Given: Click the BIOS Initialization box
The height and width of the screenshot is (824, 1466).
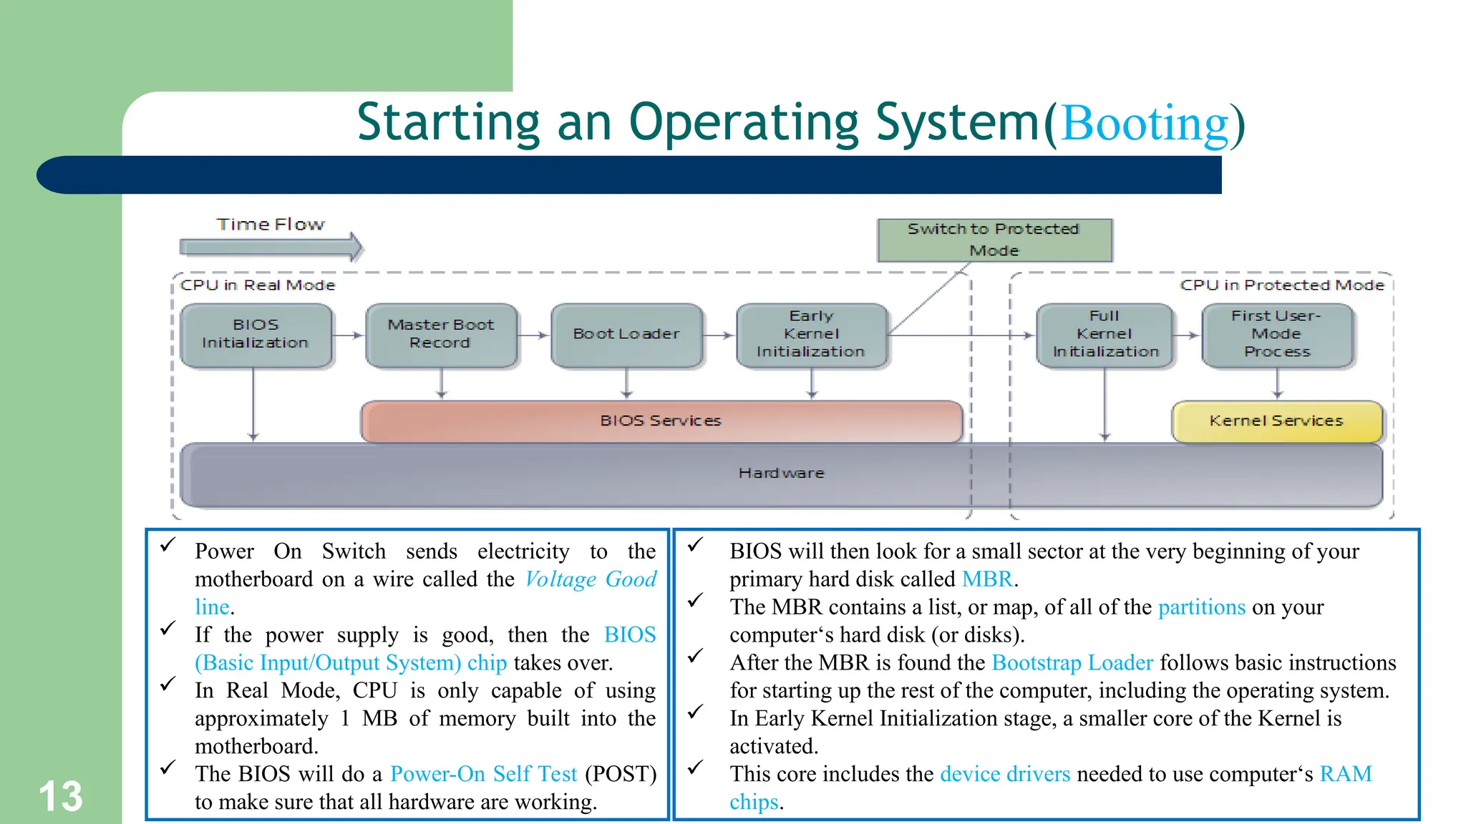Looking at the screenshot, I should coord(256,335).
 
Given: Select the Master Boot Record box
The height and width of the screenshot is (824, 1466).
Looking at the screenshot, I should coord(441,335).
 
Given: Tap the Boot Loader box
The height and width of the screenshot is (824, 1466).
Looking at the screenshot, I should coord(626,335).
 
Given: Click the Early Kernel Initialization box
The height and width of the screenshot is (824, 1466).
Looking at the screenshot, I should coord(811,335).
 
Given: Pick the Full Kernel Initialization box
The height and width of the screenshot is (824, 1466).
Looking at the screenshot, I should coord(1105,335).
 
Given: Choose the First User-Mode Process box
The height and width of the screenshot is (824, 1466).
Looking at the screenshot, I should coord(1277,335).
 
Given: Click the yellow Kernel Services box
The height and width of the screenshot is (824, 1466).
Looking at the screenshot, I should coord(1276,421).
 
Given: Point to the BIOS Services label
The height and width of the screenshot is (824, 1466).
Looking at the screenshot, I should coord(660,421).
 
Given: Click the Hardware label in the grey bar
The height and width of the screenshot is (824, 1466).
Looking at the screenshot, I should coord(781,474).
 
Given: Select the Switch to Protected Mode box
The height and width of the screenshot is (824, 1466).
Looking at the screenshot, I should coord(994,240).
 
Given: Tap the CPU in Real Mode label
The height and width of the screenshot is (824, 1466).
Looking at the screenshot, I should coord(258,285).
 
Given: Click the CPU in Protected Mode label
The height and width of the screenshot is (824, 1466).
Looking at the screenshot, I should coord(1281,285).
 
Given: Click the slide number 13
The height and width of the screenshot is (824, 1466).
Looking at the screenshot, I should coord(61,797).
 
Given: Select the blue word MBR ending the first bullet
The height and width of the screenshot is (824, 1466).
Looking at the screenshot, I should coord(987,579).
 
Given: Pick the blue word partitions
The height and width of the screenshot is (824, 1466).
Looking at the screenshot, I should coord(1201,607).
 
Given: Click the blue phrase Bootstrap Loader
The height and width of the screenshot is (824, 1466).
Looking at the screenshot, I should coord(1072,663).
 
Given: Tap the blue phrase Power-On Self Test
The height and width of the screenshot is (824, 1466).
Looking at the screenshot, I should coord(483,774).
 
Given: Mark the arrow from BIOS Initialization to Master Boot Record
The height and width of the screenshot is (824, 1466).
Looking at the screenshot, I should coord(348,335).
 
